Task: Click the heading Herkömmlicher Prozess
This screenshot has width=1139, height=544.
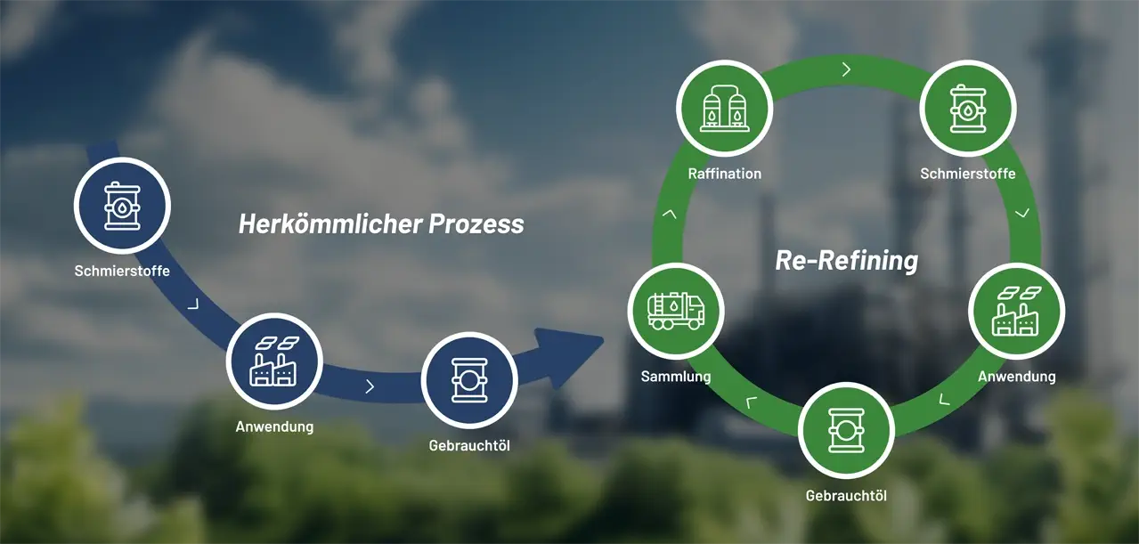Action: [x=381, y=223]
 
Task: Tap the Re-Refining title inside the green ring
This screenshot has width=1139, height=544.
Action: [x=846, y=260]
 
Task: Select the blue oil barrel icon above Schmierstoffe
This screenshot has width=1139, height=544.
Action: [x=122, y=206]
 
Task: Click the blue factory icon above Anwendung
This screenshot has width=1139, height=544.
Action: [x=273, y=361]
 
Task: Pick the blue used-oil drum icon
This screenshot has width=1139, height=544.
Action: [x=469, y=381]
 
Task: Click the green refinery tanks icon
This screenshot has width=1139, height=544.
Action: [x=724, y=108]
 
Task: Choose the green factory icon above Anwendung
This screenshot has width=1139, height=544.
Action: [x=1016, y=312]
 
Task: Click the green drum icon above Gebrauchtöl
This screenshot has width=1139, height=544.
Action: [x=846, y=431]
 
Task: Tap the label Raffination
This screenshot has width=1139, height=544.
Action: [x=725, y=174]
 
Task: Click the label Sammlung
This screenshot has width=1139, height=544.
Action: [x=676, y=377]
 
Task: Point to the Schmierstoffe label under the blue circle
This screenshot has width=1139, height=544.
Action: [x=122, y=271]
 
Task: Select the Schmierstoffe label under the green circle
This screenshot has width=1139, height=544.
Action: [x=967, y=174]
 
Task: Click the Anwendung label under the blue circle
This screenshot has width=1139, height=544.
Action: [x=274, y=426]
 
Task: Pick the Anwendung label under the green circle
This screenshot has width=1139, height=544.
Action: [x=1016, y=377]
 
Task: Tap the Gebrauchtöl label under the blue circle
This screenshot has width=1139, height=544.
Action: [x=469, y=446]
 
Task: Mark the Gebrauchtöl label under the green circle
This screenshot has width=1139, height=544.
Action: [x=846, y=496]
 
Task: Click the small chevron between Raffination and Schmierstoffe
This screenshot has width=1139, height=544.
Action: [x=846, y=69]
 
